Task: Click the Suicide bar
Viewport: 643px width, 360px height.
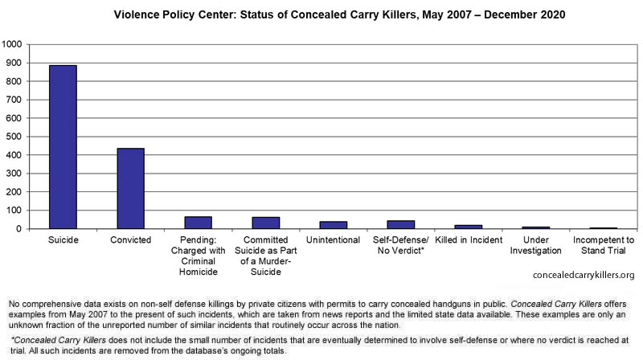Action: [x=63, y=147]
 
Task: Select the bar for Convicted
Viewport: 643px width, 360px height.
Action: [x=130, y=188]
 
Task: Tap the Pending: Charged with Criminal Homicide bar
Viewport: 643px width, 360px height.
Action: [x=198, y=223]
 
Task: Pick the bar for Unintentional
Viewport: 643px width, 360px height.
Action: [x=334, y=225]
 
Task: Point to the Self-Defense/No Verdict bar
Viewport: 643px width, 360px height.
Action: [x=400, y=224]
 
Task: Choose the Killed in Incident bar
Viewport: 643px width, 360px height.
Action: [x=469, y=227]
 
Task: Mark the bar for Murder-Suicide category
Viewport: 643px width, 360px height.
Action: [x=266, y=223]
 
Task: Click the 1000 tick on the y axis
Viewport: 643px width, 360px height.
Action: [x=11, y=44]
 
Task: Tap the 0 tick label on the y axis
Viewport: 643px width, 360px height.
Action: [x=18, y=229]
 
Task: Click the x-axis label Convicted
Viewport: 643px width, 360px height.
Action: [x=130, y=239]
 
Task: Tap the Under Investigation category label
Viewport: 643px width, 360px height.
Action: [x=535, y=245]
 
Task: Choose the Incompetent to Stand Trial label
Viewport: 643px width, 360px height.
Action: [x=604, y=245]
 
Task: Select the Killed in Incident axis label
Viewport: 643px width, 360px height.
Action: [x=469, y=239]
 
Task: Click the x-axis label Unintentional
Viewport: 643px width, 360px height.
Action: [x=333, y=239]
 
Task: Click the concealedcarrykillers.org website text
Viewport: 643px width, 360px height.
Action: [x=584, y=275]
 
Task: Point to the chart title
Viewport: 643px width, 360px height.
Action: [x=339, y=14]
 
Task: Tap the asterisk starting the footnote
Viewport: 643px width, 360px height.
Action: [x=13, y=338]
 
